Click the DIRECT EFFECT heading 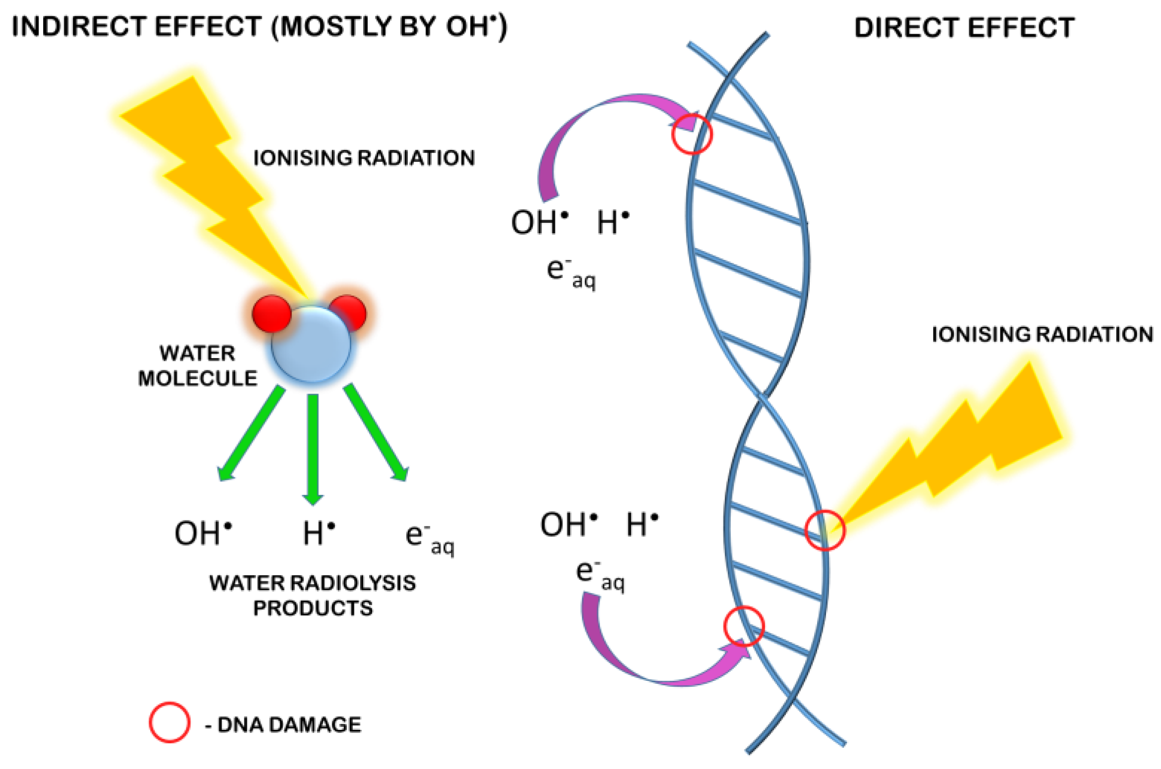[x=964, y=28]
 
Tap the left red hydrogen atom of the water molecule [x=271, y=313]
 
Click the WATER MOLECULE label [x=197, y=366]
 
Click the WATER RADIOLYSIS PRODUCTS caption [x=312, y=595]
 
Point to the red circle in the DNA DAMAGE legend [x=169, y=722]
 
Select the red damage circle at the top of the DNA [x=692, y=134]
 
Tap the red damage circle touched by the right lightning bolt [x=825, y=530]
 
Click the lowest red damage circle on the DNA [x=744, y=626]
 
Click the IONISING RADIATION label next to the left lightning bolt [x=364, y=158]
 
